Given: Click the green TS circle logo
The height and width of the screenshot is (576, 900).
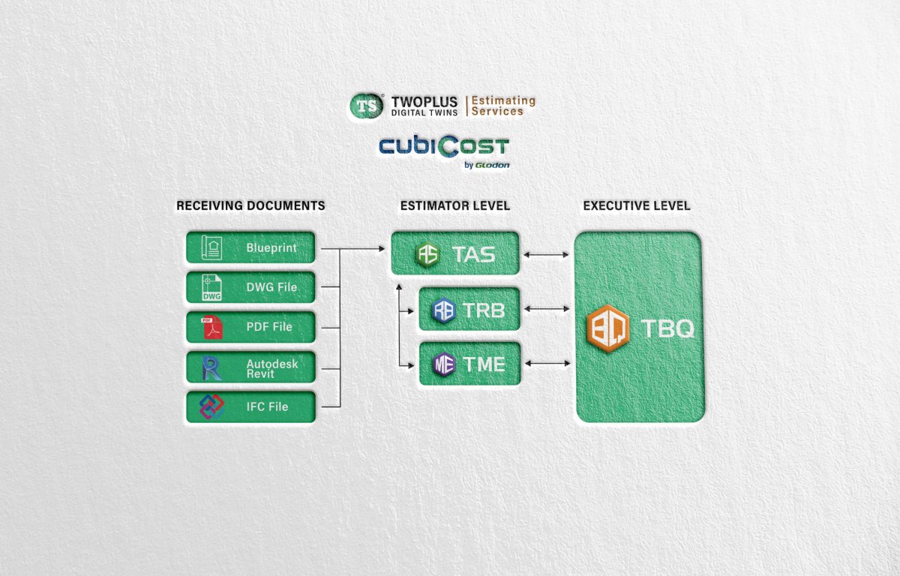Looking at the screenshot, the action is pos(366,106).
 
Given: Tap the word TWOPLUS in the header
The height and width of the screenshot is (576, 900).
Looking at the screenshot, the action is pos(424,102).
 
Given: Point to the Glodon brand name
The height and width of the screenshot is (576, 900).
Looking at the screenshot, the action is pos(492,165).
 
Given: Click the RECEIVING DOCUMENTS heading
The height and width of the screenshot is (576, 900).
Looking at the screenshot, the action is pos(250,205).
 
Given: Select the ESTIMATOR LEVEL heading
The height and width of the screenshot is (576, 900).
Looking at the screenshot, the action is pos(455,205).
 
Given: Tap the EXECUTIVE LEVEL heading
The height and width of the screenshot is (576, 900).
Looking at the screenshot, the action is pos(637,205).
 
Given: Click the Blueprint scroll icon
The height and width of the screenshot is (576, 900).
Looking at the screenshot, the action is pos(211,247).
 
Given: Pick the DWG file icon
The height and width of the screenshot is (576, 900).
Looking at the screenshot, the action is pos(211,287).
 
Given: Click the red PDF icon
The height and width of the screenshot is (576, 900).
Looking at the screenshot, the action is pos(211,327).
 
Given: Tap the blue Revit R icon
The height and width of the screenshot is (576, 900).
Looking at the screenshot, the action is pos(211,367).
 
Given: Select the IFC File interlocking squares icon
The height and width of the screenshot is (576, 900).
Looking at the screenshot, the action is pos(211,406).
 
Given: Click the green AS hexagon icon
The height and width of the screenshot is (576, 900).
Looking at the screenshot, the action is pos(427,254).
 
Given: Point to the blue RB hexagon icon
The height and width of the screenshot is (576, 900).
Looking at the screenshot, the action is pos(443,310).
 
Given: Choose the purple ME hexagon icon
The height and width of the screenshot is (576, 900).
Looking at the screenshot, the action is pos(444,364).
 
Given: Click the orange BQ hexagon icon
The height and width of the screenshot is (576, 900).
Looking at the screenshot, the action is pos(608,328).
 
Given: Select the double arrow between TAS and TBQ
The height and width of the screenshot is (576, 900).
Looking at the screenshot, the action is pos(546,255).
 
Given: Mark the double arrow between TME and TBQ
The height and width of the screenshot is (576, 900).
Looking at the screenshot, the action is pos(547,364).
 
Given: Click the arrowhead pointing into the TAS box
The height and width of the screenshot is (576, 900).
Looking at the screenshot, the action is pos(382,249).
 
